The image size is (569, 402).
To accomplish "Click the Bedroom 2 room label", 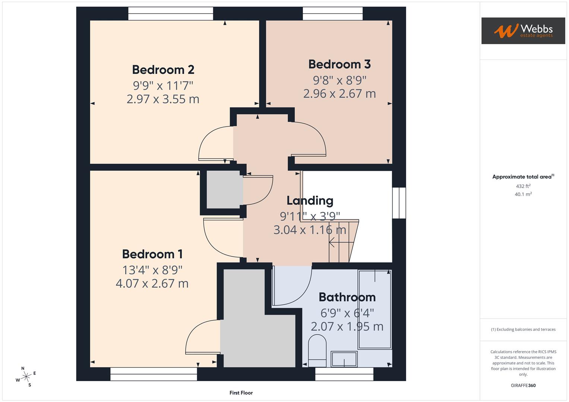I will pyautogui.click(x=163, y=70).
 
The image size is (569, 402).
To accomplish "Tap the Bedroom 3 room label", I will pyautogui.click(x=339, y=64).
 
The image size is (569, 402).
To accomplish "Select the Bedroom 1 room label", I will pyautogui.click(x=152, y=254).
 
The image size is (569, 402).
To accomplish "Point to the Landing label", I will pyautogui.click(x=310, y=201).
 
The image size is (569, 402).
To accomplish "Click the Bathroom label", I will pyautogui.click(x=347, y=297).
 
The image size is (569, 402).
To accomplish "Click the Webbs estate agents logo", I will pyautogui.click(x=523, y=31).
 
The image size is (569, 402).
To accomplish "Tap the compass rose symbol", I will pyautogui.click(x=26, y=377).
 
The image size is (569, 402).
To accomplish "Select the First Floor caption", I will pyautogui.click(x=241, y=393).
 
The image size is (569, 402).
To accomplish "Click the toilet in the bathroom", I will pyautogui.click(x=317, y=351).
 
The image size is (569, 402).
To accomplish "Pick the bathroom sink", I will pyautogui.click(x=344, y=359).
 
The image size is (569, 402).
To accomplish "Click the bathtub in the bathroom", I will pyautogui.click(x=374, y=309).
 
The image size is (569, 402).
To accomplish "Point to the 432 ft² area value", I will pyautogui.click(x=523, y=186).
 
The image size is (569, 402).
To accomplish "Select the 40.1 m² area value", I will pyautogui.click(x=523, y=194).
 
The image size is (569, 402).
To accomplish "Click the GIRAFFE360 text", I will pyautogui.click(x=523, y=385).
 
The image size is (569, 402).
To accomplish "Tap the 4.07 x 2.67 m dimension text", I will pyautogui.click(x=152, y=284).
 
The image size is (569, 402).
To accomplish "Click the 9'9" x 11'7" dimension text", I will pyautogui.click(x=163, y=86).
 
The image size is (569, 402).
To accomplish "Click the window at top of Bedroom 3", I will pyautogui.click(x=332, y=14).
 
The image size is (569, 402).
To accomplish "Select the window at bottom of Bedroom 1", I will pyautogui.click(x=154, y=374).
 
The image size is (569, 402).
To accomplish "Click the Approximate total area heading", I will pyautogui.click(x=523, y=177).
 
